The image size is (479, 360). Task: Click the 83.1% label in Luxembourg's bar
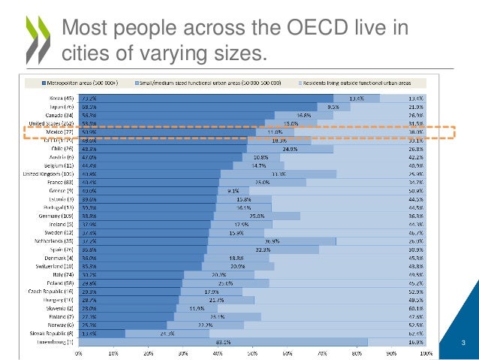click(x=222, y=341)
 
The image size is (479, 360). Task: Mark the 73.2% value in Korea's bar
click(x=89, y=98)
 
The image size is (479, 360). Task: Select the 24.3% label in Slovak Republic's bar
click(x=167, y=333)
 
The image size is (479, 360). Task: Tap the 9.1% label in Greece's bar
click(x=233, y=190)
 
